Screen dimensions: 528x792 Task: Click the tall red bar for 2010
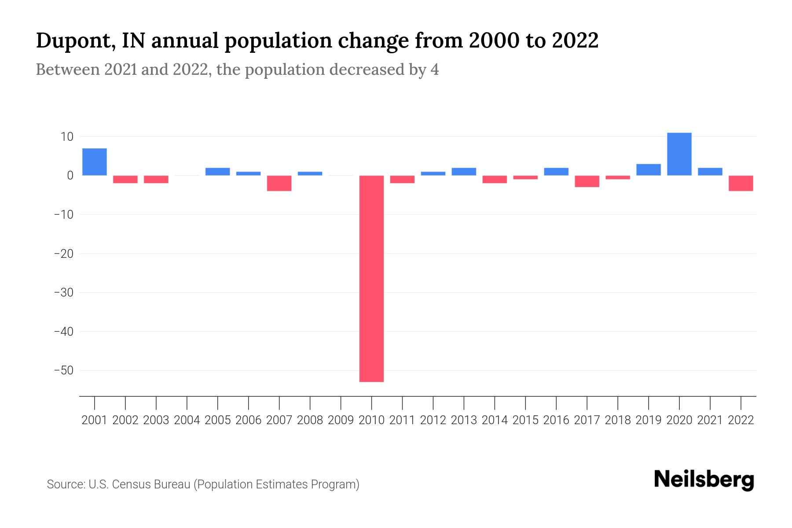371,278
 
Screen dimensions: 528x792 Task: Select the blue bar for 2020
679,154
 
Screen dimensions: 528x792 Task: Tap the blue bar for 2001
95,162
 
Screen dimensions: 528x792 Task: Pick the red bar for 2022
741,183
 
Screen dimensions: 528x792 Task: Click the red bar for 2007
279,183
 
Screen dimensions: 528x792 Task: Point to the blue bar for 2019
648,170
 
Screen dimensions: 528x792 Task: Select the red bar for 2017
587,181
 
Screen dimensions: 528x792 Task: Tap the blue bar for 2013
464,172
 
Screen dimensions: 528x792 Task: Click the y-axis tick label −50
63,370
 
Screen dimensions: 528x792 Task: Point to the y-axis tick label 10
67,137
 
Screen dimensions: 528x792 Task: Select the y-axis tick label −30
63,293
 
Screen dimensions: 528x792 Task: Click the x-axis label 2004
187,420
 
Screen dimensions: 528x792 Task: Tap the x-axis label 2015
525,420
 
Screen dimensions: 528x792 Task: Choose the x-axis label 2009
341,420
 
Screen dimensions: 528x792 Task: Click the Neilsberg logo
704,480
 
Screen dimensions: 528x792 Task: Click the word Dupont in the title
73,41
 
